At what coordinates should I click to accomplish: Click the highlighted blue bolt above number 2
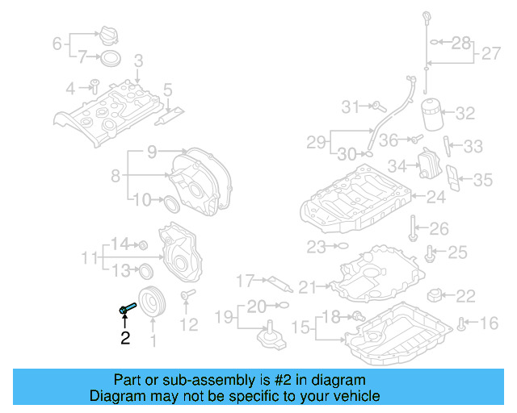126,308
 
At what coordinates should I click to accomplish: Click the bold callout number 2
125,339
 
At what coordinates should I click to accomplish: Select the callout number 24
435,196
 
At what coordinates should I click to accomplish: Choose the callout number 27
491,54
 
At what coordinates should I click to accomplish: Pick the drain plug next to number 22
436,295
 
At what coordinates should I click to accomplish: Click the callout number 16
490,324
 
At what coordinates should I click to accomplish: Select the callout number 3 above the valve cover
138,60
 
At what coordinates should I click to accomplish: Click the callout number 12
188,325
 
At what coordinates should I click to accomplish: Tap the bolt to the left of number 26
413,229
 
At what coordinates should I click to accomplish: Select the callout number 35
482,179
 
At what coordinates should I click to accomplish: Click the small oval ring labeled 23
341,246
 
